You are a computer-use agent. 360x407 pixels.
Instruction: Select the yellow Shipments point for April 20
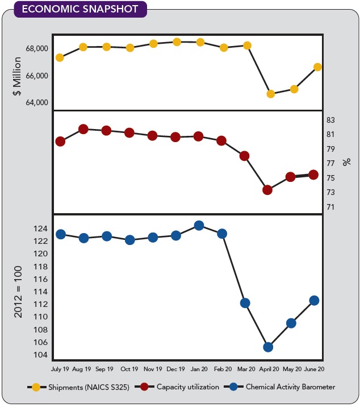[270, 94]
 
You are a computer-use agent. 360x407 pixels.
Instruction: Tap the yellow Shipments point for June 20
[317, 67]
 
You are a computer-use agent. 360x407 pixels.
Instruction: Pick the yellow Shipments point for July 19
[60, 57]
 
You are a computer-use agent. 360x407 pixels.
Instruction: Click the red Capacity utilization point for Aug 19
[83, 130]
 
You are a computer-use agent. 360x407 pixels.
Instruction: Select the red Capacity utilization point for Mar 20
[244, 156]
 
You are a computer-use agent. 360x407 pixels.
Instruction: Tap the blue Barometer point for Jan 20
[199, 226]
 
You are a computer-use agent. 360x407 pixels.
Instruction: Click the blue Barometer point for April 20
[268, 347]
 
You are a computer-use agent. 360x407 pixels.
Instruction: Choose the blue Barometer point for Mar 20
[245, 303]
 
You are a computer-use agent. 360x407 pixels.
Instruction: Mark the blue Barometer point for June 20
[314, 300]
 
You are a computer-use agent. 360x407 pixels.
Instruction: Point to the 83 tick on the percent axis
[331, 121]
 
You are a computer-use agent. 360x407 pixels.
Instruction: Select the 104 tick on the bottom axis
[40, 356]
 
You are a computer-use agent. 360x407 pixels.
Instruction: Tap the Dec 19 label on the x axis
[176, 368]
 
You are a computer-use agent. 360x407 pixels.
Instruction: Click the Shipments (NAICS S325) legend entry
[79, 387]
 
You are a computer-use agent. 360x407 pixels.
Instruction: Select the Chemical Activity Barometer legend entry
[283, 387]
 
